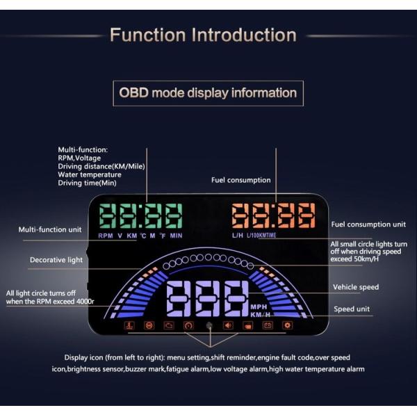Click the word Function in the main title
(147, 35)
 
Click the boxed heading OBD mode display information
(208, 93)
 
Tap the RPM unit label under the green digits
(106, 236)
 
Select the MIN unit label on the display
(176, 236)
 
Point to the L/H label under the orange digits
(238, 236)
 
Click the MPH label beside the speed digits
(259, 307)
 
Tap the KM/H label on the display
(260, 315)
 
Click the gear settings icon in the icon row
(287, 325)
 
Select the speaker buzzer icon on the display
(228, 325)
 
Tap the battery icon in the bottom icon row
(268, 325)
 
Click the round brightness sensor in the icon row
(209, 325)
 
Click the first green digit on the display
(108, 216)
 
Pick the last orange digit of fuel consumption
(306, 215)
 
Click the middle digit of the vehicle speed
(208, 298)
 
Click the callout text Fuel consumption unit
(368, 224)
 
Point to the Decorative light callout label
(56, 260)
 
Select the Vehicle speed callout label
(356, 287)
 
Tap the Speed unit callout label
(352, 309)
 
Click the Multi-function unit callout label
(50, 229)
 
